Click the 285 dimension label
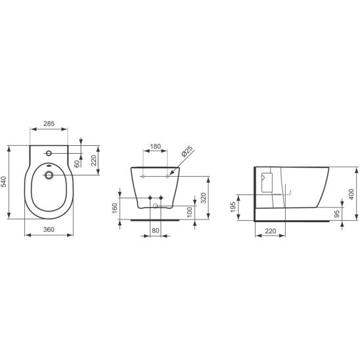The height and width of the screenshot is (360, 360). click(x=49, y=124)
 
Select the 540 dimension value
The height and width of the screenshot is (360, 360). click(x=5, y=182)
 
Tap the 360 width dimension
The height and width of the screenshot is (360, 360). click(x=49, y=229)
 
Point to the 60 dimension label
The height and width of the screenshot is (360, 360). click(x=77, y=164)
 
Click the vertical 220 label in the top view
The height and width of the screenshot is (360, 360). click(x=93, y=160)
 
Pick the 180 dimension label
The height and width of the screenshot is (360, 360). click(x=155, y=146)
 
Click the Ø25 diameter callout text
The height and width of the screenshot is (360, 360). click(x=187, y=151)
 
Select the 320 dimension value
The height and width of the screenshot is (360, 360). click(x=204, y=198)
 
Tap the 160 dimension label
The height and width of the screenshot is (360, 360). click(x=114, y=208)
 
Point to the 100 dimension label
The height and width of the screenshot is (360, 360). click(x=190, y=212)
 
